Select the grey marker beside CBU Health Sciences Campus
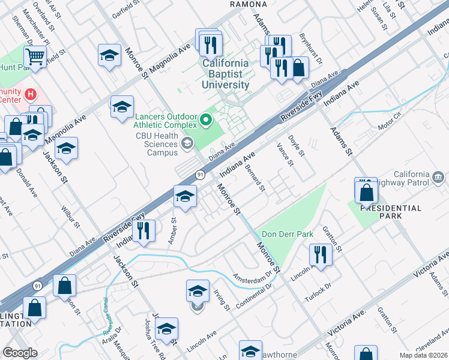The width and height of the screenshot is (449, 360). pyautogui.click(x=188, y=142)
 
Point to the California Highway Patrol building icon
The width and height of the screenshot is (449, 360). pyautogui.click(x=439, y=177)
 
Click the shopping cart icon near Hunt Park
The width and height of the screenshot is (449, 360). pyautogui.click(x=35, y=57)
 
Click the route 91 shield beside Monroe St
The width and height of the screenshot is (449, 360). pyautogui.click(x=200, y=175)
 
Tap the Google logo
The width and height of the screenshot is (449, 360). pyautogui.click(x=20, y=353)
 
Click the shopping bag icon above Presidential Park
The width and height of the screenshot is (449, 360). pyautogui.click(x=366, y=193)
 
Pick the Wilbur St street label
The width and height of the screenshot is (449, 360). pyautogui.click(x=70, y=215)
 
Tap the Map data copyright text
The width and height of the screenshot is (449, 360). pyautogui.click(x=423, y=355)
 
